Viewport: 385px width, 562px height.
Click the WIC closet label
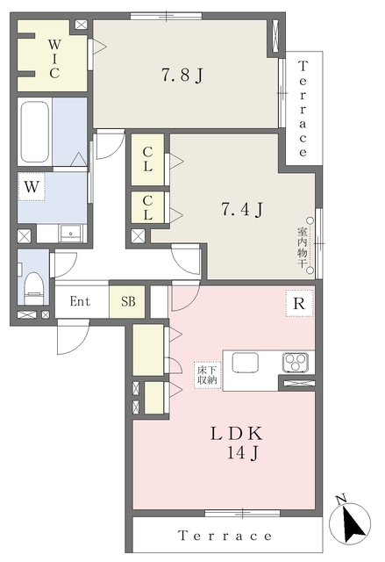54,59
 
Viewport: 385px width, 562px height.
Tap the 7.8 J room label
182,76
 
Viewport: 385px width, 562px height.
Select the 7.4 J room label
243,209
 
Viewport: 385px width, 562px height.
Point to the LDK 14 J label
238,443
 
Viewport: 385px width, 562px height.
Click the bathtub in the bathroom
35,132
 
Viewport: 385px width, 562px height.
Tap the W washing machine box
32,187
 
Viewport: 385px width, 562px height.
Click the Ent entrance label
80,301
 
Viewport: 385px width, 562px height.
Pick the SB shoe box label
128,301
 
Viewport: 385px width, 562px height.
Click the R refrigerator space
299,303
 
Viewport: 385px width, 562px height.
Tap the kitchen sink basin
245,363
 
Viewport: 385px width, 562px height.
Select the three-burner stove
296,363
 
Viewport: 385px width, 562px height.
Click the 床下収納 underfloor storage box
208,375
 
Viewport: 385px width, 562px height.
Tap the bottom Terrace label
225,536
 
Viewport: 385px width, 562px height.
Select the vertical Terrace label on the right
303,109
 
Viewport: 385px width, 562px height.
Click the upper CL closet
148,160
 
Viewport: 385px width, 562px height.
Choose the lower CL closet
148,208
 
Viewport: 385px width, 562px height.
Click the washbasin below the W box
71,234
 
